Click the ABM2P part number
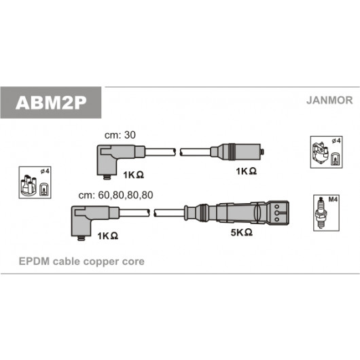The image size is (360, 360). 51,103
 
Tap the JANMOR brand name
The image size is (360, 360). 329,101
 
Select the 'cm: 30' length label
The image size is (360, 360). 120,135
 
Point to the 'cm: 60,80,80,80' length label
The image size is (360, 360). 115,195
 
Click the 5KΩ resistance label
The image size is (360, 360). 242,232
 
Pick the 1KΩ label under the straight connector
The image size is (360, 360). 247,171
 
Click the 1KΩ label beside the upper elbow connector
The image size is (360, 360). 134,175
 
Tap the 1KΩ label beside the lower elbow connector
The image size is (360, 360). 108,236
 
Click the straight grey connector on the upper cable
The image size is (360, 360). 237,151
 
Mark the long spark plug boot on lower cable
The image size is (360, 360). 236,213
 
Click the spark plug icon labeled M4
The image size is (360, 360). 321,213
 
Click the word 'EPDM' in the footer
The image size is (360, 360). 34,262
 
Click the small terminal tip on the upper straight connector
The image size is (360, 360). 262,151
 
